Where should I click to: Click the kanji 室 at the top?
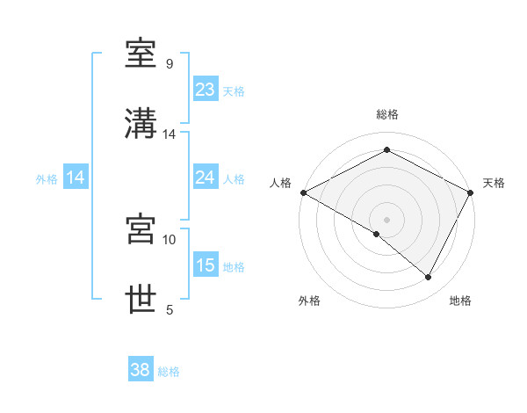point(141,54)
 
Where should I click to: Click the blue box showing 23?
point(205,89)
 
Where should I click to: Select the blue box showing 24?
point(205,178)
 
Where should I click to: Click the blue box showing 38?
point(140,370)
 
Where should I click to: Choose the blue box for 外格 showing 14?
point(76,178)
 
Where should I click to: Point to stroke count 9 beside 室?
point(170,64)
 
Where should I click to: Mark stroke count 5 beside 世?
point(170,309)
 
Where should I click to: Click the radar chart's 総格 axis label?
point(386,114)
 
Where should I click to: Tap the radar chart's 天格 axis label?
point(494,183)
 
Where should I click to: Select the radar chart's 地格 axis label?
point(460,301)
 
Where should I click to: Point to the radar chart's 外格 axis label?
point(309,301)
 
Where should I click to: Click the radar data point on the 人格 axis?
point(303,192)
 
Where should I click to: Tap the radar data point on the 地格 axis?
point(429,277)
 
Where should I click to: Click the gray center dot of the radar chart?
point(386,219)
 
